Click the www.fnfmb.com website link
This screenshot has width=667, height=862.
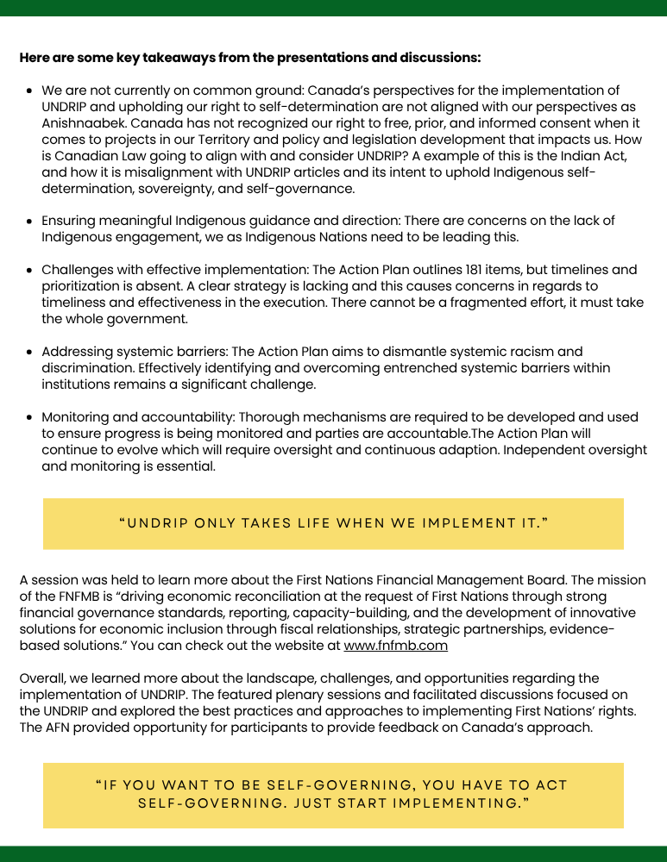coord(396,646)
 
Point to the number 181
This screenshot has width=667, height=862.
coord(411,270)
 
